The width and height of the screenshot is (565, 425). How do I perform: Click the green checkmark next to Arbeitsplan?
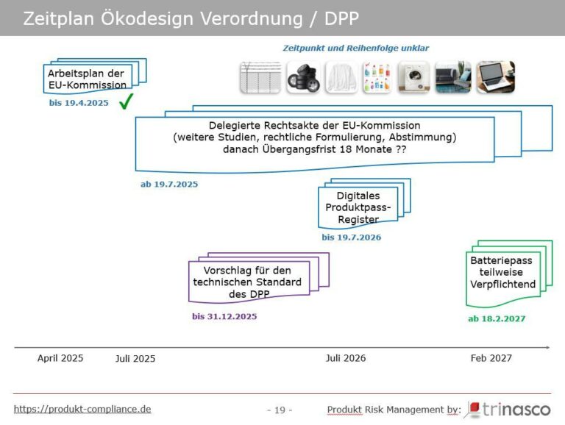click(x=126, y=101)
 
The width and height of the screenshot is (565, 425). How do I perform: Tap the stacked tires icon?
click(x=302, y=77)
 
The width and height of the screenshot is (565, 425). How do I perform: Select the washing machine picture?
click(x=413, y=77)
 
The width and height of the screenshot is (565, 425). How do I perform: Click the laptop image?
click(x=495, y=77)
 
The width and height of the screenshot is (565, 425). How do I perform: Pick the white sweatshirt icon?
click(x=339, y=77)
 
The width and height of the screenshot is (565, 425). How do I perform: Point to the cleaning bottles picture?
click(x=377, y=77)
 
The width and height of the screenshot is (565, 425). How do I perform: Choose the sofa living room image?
click(x=453, y=77)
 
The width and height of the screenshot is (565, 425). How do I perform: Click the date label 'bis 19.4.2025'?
click(x=79, y=103)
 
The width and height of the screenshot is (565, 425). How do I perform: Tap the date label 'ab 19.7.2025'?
click(x=169, y=184)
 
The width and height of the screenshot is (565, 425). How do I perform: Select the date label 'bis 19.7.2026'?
click(x=351, y=238)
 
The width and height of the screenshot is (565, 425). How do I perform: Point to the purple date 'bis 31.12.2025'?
click(x=224, y=316)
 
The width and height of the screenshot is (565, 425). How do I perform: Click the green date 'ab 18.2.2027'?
click(x=497, y=318)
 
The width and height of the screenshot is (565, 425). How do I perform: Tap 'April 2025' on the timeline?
click(x=60, y=358)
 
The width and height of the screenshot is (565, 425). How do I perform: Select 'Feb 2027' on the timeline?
click(x=491, y=358)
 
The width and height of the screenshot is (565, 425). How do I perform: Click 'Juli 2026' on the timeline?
click(x=346, y=358)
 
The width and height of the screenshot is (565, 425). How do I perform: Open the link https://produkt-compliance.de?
click(x=82, y=409)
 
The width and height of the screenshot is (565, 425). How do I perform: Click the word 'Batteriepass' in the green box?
click(x=501, y=260)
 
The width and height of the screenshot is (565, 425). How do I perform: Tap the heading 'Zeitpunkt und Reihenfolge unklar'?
click(x=356, y=48)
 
